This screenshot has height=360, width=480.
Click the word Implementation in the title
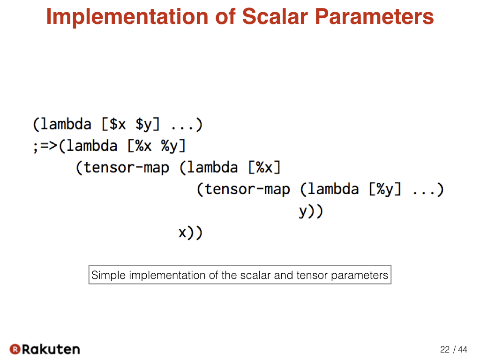(x=127, y=17)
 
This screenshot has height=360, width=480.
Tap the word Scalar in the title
(x=275, y=16)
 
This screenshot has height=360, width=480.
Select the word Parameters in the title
(x=374, y=16)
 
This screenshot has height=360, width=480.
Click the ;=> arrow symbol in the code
(x=45, y=146)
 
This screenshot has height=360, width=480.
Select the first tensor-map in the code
(x=122, y=168)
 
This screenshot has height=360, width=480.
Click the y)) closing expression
(x=311, y=211)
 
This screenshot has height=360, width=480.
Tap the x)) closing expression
(x=190, y=232)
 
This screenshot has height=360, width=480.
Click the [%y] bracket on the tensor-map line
(x=385, y=189)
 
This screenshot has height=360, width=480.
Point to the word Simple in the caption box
(x=109, y=275)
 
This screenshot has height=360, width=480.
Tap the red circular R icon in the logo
(x=15, y=349)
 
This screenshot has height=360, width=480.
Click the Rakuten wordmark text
(x=51, y=349)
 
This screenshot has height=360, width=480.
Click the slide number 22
(x=445, y=349)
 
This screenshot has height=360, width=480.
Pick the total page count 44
(x=463, y=349)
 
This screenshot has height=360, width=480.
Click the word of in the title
(x=225, y=16)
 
